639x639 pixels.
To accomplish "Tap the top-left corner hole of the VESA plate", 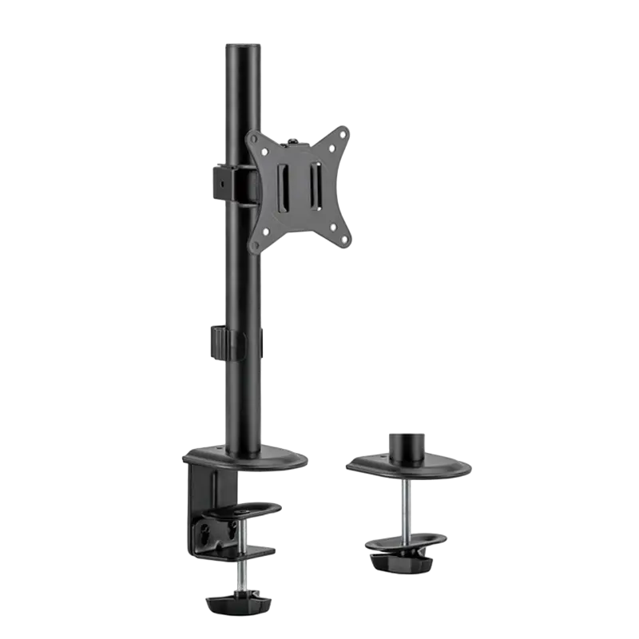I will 257,137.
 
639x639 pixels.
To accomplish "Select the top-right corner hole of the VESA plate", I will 343,135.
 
